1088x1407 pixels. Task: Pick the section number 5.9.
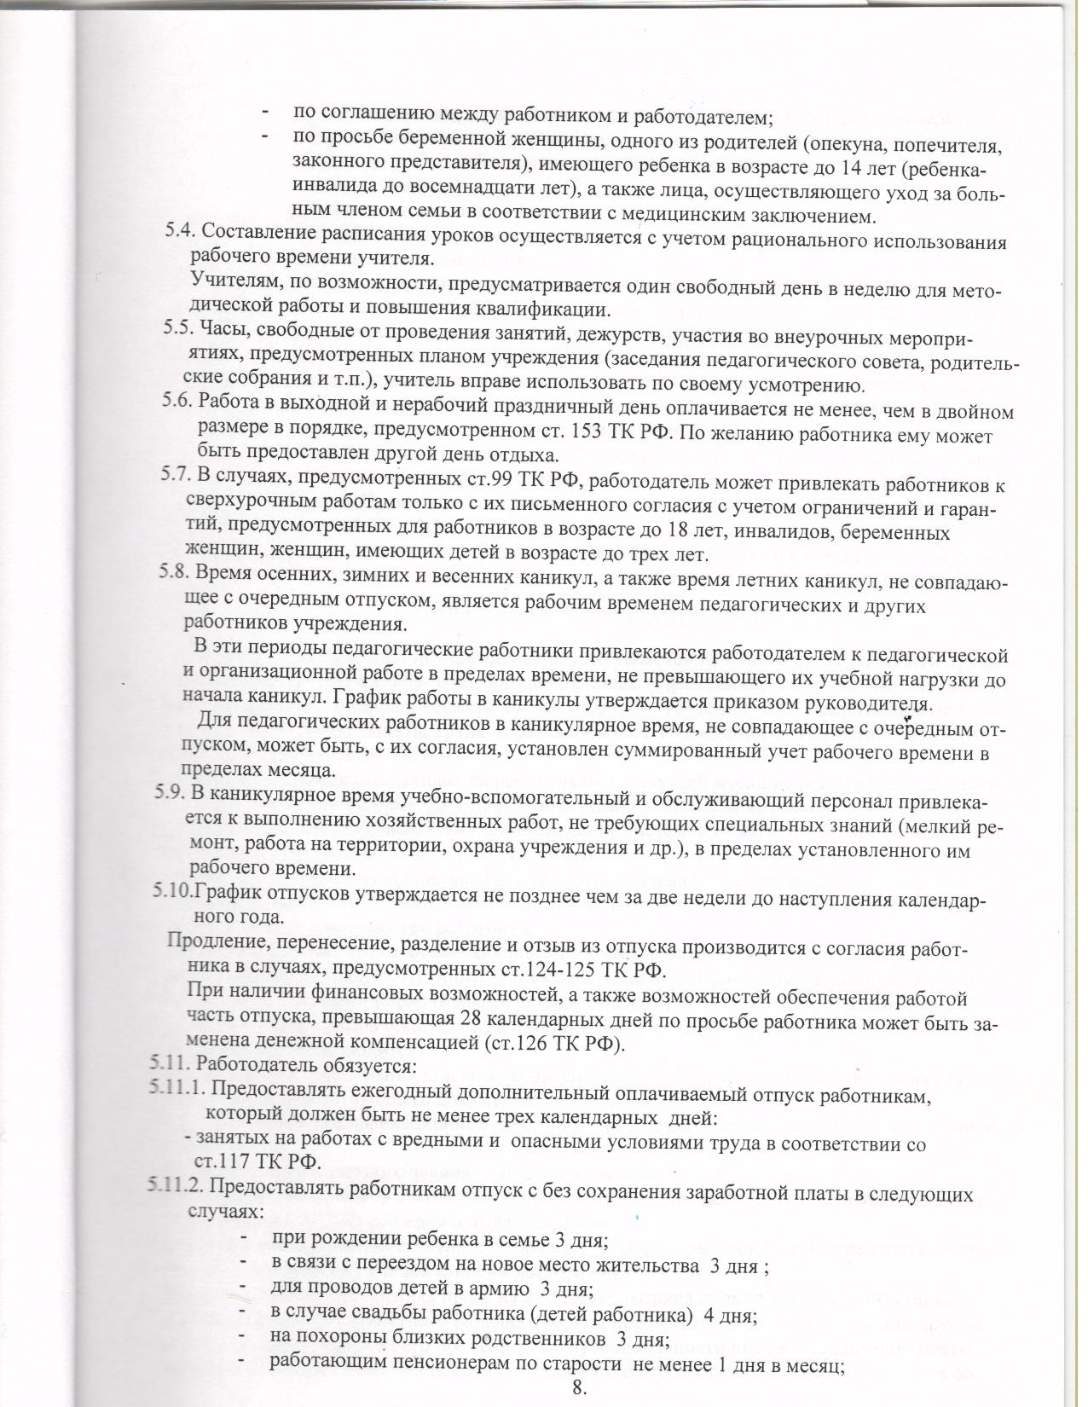[170, 792]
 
